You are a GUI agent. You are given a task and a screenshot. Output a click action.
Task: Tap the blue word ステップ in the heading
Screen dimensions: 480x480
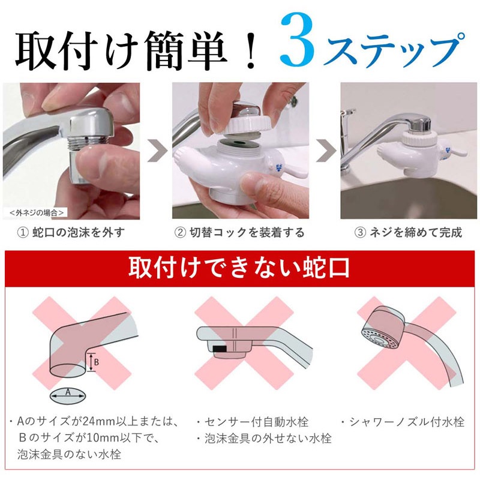pos(397,50)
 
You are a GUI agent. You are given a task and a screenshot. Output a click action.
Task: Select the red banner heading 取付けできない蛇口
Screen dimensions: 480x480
pos(239,268)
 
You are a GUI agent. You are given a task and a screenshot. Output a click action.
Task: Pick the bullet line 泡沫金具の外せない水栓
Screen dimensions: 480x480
pos(263,438)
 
